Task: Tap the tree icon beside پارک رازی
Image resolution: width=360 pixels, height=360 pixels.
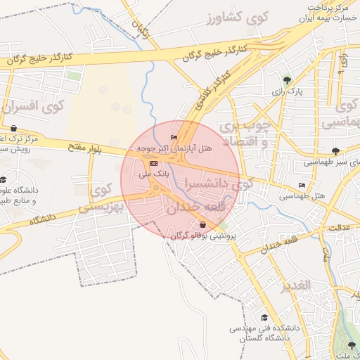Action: pyautogui.click(x=286, y=80)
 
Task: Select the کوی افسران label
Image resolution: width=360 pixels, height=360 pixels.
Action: pyautogui.click(x=33, y=108)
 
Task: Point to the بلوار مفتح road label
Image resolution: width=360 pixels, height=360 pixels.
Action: pyautogui.click(x=86, y=148)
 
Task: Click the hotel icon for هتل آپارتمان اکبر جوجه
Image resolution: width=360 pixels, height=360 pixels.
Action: pyautogui.click(x=174, y=137)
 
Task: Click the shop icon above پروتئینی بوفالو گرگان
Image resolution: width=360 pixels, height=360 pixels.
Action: pyautogui.click(x=203, y=226)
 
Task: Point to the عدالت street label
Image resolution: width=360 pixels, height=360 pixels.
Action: pyautogui.click(x=340, y=228)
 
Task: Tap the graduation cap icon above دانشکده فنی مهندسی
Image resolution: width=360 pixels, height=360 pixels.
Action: pyautogui.click(x=264, y=317)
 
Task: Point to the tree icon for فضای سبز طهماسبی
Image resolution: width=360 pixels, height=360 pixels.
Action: pyautogui.click(x=336, y=150)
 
